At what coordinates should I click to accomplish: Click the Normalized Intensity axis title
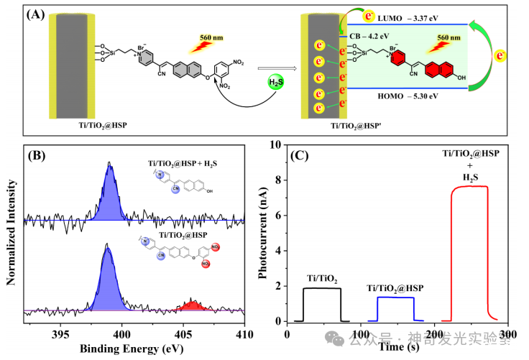tap(10, 237)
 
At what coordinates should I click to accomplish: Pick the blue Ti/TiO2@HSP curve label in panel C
tap(395, 287)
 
